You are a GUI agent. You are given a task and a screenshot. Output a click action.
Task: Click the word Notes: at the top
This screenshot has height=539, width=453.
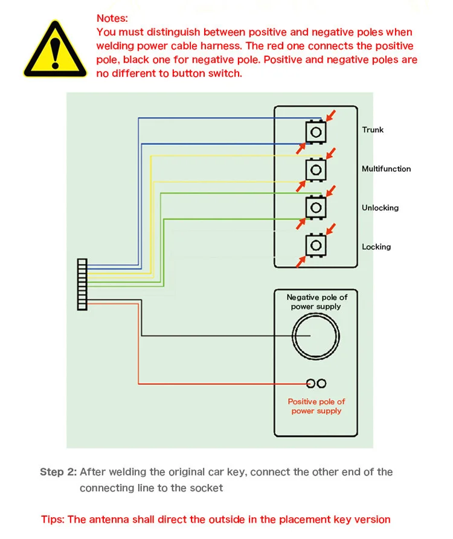112,19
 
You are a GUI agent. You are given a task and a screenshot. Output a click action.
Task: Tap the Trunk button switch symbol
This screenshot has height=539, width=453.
315,131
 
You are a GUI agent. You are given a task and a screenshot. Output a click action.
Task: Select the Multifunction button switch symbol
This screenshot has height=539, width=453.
315,170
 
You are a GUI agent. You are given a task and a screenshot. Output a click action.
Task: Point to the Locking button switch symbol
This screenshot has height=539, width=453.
315,245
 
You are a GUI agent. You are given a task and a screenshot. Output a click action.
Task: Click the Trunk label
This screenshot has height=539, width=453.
373,130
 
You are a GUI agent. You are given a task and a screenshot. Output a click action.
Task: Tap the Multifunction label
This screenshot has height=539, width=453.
386,169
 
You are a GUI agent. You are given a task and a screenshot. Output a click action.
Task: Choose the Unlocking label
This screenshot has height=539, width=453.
380,208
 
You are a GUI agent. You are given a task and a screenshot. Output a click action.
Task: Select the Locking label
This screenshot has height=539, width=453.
376,247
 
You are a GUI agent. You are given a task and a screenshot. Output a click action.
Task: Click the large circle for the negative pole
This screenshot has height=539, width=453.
316,336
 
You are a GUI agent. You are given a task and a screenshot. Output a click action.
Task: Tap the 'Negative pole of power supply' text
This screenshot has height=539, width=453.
316,302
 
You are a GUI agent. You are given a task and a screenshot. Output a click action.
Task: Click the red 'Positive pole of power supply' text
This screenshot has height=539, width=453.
316,406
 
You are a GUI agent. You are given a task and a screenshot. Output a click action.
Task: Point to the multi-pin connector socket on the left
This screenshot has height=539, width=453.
82,284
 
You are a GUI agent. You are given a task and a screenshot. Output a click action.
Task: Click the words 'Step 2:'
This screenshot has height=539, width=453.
59,472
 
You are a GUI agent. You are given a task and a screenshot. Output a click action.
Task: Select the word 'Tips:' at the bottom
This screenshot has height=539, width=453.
53,520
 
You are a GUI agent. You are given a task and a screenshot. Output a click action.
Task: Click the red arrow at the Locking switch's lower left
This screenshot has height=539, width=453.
300,261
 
